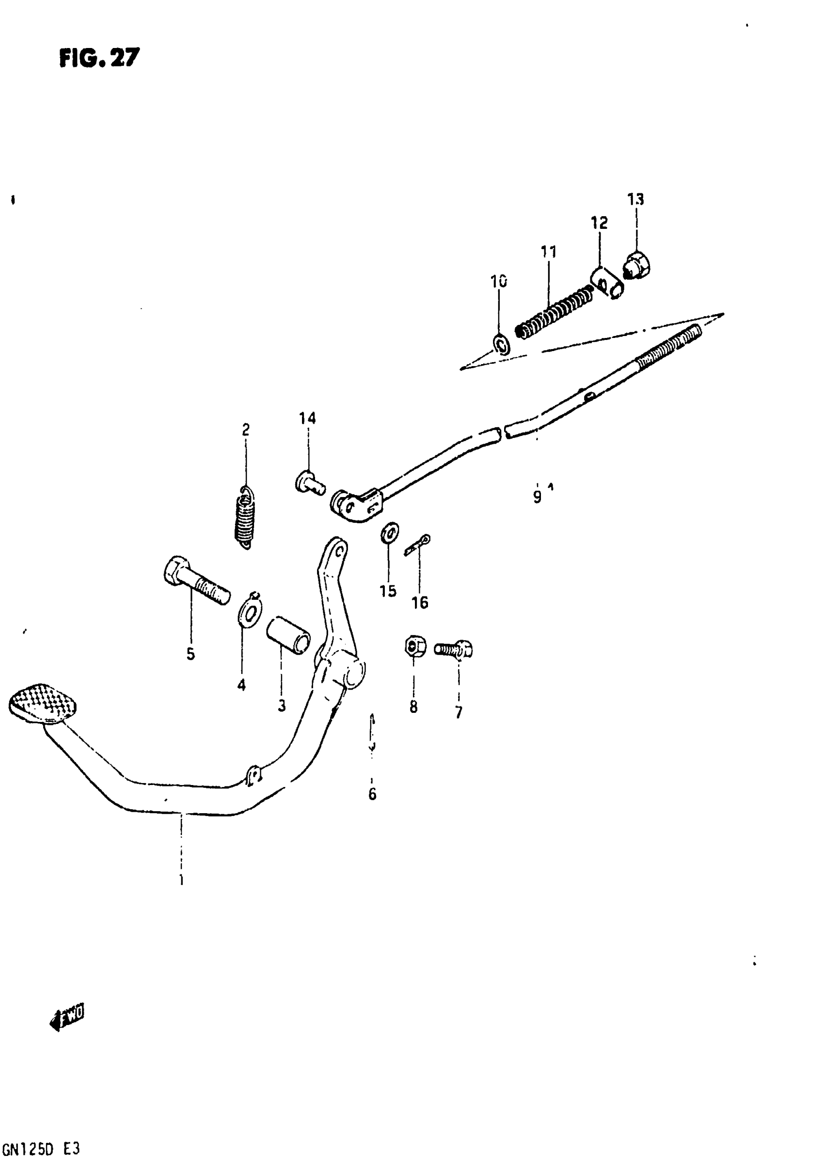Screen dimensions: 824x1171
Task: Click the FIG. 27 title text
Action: pos(99,58)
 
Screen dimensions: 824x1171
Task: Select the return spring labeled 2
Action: pos(246,518)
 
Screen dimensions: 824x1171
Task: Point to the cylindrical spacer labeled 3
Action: pos(288,634)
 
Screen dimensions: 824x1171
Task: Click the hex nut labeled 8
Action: pos(412,647)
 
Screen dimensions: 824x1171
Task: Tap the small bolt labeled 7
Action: pos(454,649)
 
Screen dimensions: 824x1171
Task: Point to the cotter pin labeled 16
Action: pos(418,545)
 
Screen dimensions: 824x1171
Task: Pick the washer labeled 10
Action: pos(501,344)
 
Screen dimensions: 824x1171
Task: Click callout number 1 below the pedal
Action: pos(181,880)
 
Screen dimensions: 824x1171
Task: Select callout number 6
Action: pos(372,794)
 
